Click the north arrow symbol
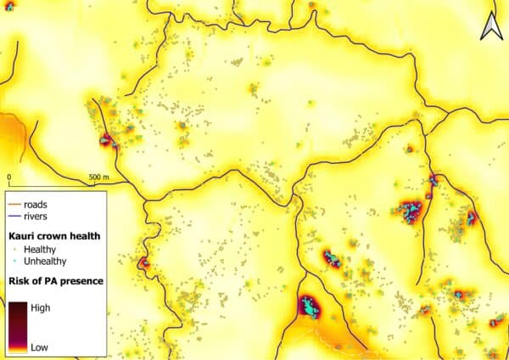pyautogui.click(x=490, y=28)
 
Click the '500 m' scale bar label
pyautogui.click(x=100, y=177)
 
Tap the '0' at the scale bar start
pyautogui.click(x=9, y=177)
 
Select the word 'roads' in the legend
pyautogui.click(x=37, y=205)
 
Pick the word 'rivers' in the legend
pyautogui.click(x=38, y=217)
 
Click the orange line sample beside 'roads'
pyautogui.click(x=15, y=205)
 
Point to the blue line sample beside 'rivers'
pyautogui.click(x=15, y=217)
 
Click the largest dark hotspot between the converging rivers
pyautogui.click(x=310, y=306)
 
